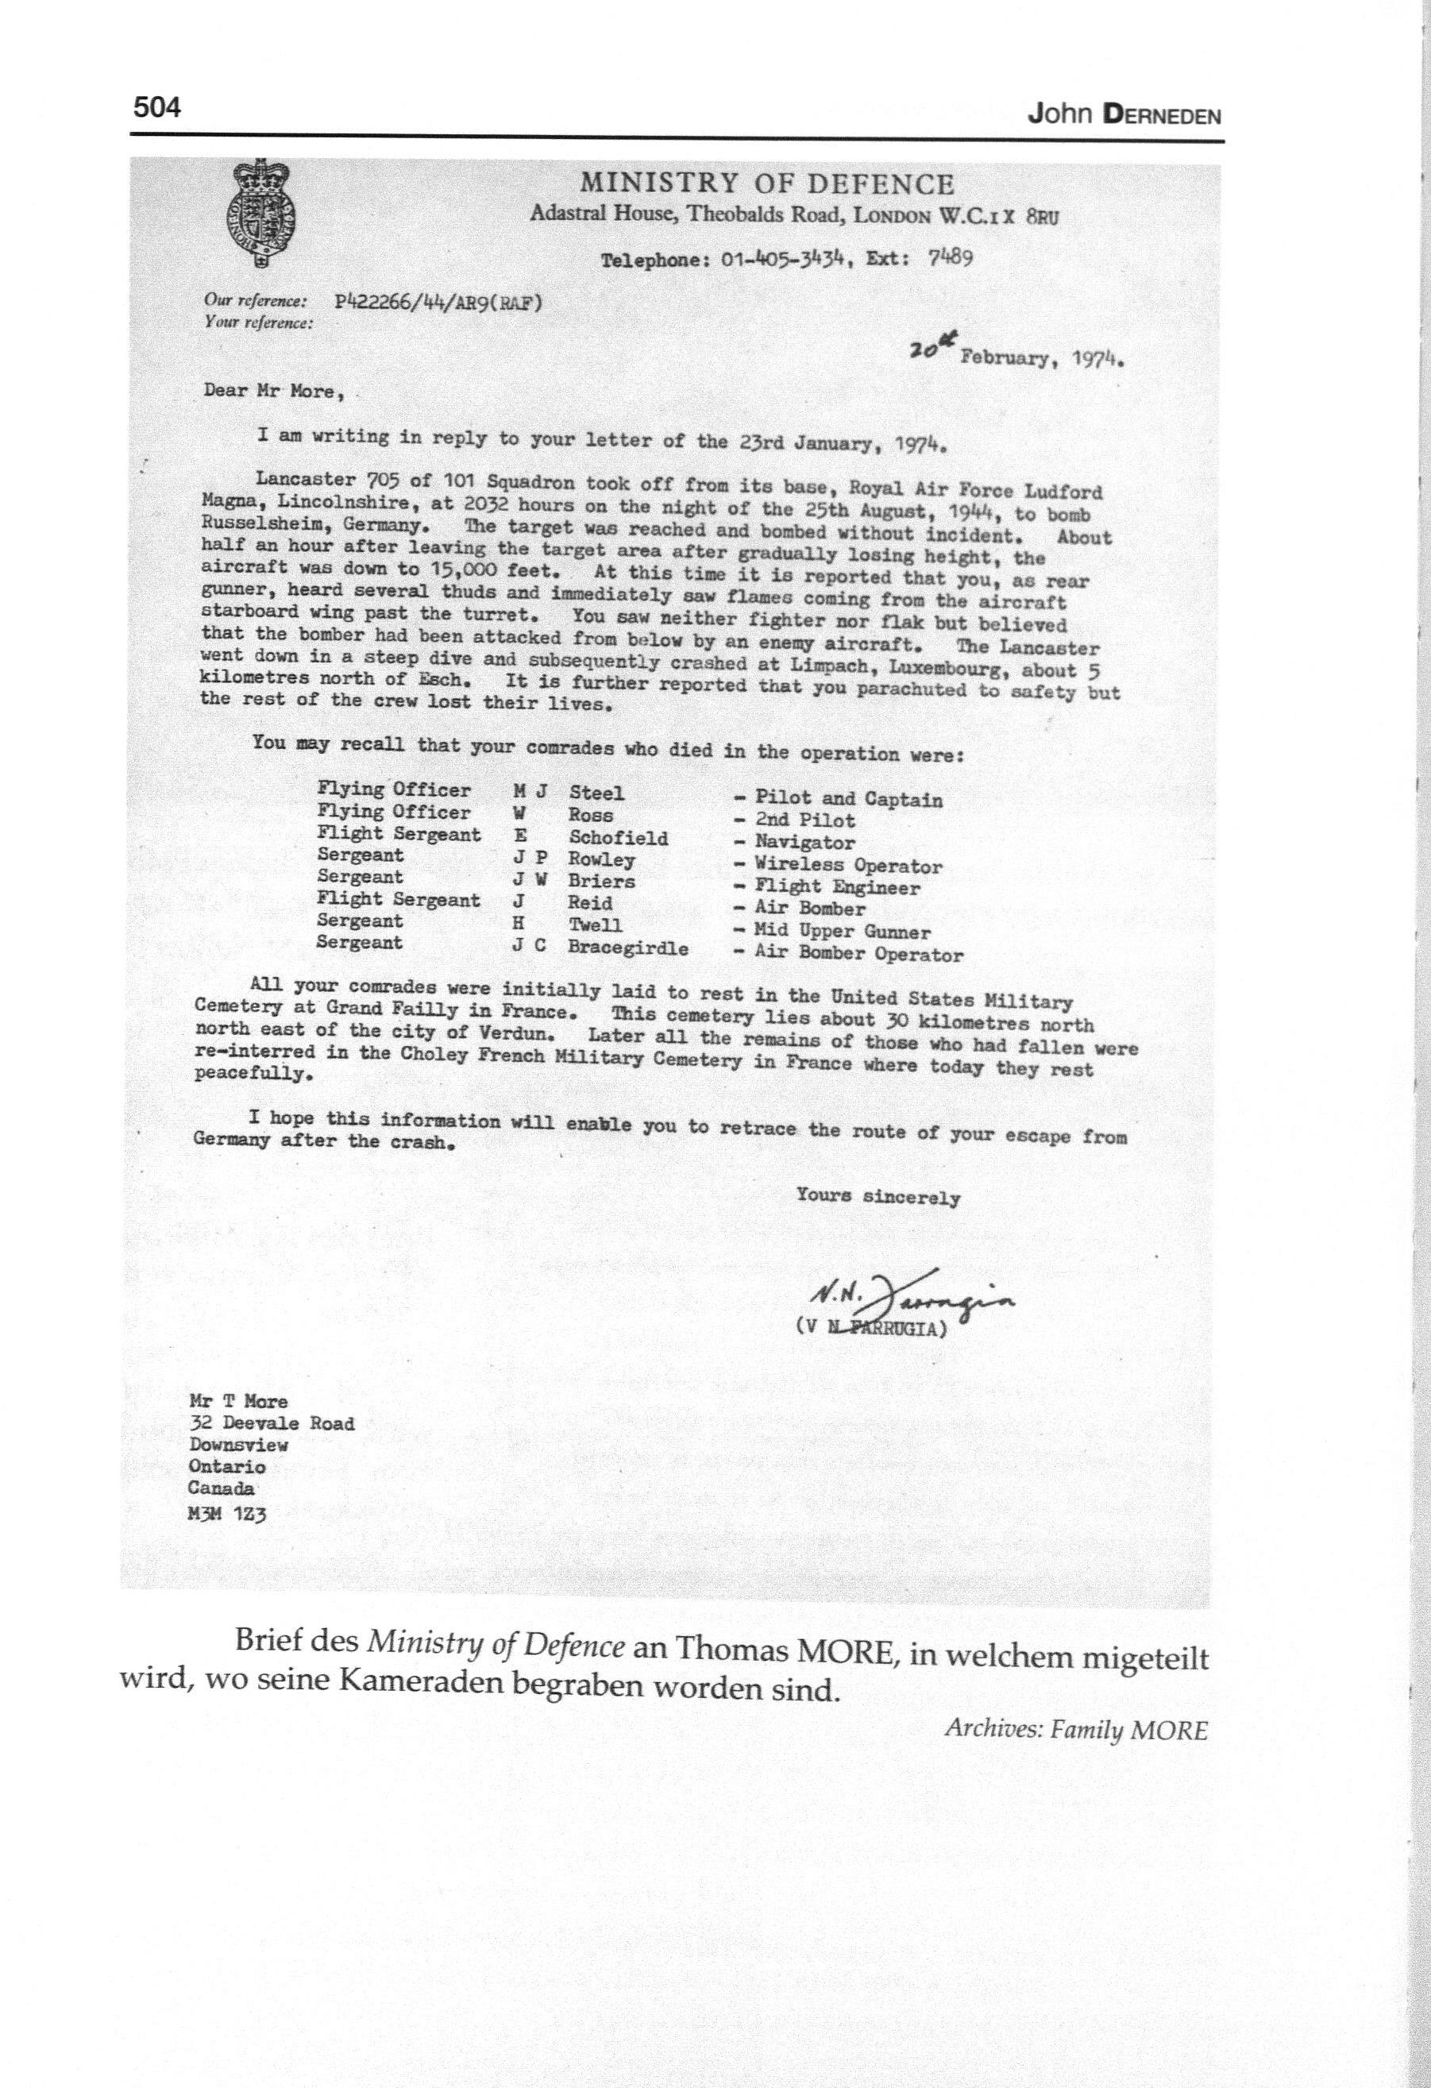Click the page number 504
tap(157, 109)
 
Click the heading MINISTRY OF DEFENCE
tap(766, 184)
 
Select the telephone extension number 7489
tap(951, 257)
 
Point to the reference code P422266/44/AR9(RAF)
tap(438, 303)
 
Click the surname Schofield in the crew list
tap(618, 838)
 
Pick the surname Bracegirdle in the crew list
tap(627, 948)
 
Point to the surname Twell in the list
tap(594, 925)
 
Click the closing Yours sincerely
tap(877, 1198)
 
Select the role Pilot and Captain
tap(848, 799)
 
